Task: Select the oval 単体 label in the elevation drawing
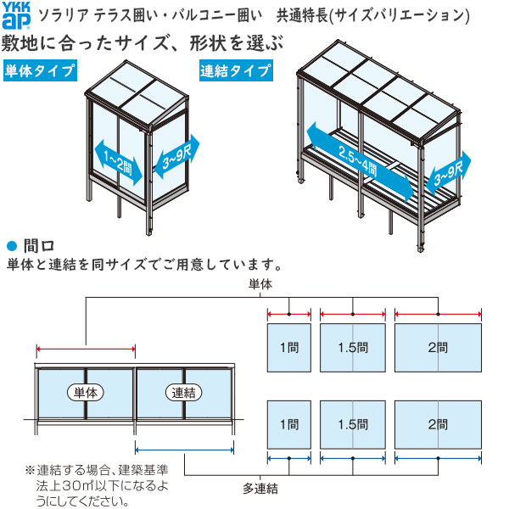[x=86, y=393]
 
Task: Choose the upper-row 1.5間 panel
[x=353, y=348]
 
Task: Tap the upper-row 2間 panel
[x=438, y=348]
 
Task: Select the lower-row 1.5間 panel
[x=353, y=424]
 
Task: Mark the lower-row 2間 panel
[x=438, y=424]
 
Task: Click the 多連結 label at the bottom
[x=260, y=489]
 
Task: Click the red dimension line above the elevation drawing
[x=86, y=348]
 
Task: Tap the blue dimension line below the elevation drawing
[x=184, y=450]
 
